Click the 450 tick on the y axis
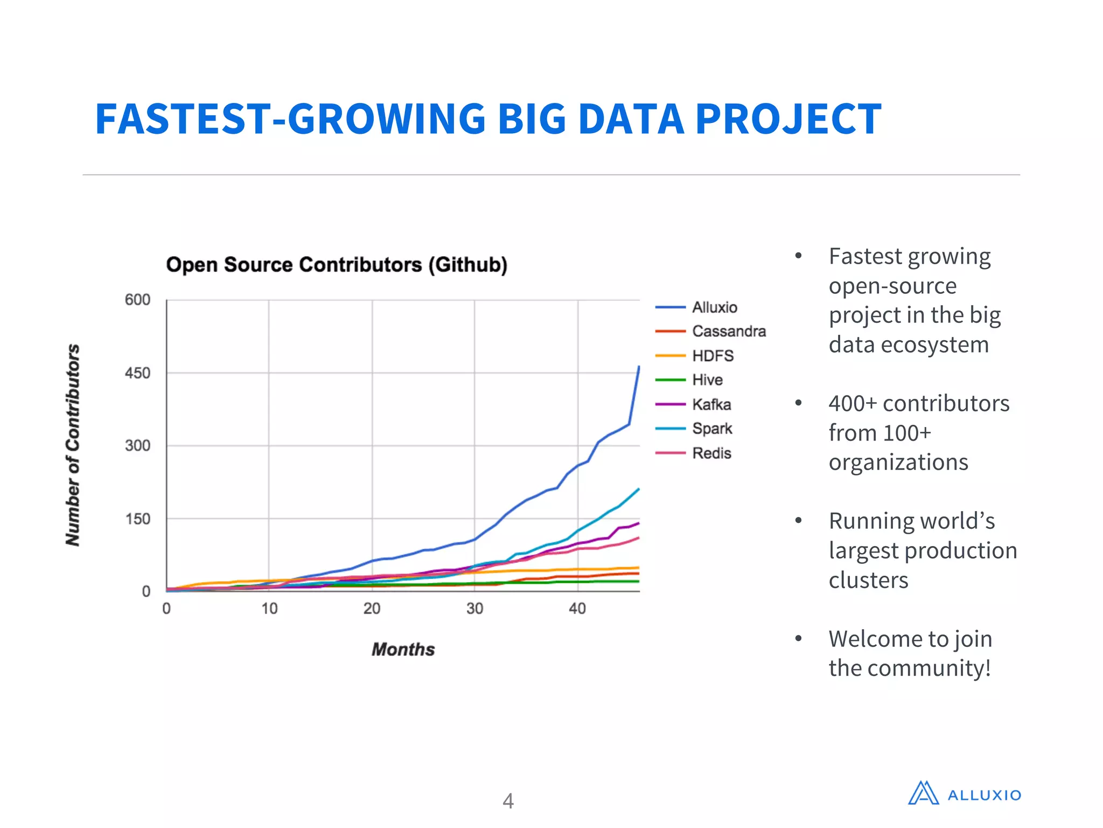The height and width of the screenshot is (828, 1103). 137,373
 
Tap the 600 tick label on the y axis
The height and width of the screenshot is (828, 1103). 137,300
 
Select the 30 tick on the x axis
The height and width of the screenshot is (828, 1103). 474,609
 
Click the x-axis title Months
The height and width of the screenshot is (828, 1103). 403,649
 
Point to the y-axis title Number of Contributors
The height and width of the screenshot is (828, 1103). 73,445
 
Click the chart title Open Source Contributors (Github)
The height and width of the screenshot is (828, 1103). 337,265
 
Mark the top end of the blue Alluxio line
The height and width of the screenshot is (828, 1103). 639,367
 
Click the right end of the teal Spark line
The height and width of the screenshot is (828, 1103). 638,489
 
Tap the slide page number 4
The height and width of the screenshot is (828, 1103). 508,801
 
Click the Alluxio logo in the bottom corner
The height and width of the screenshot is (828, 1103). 964,793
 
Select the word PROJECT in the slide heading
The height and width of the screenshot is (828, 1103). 788,119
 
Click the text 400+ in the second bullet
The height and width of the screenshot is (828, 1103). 853,403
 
